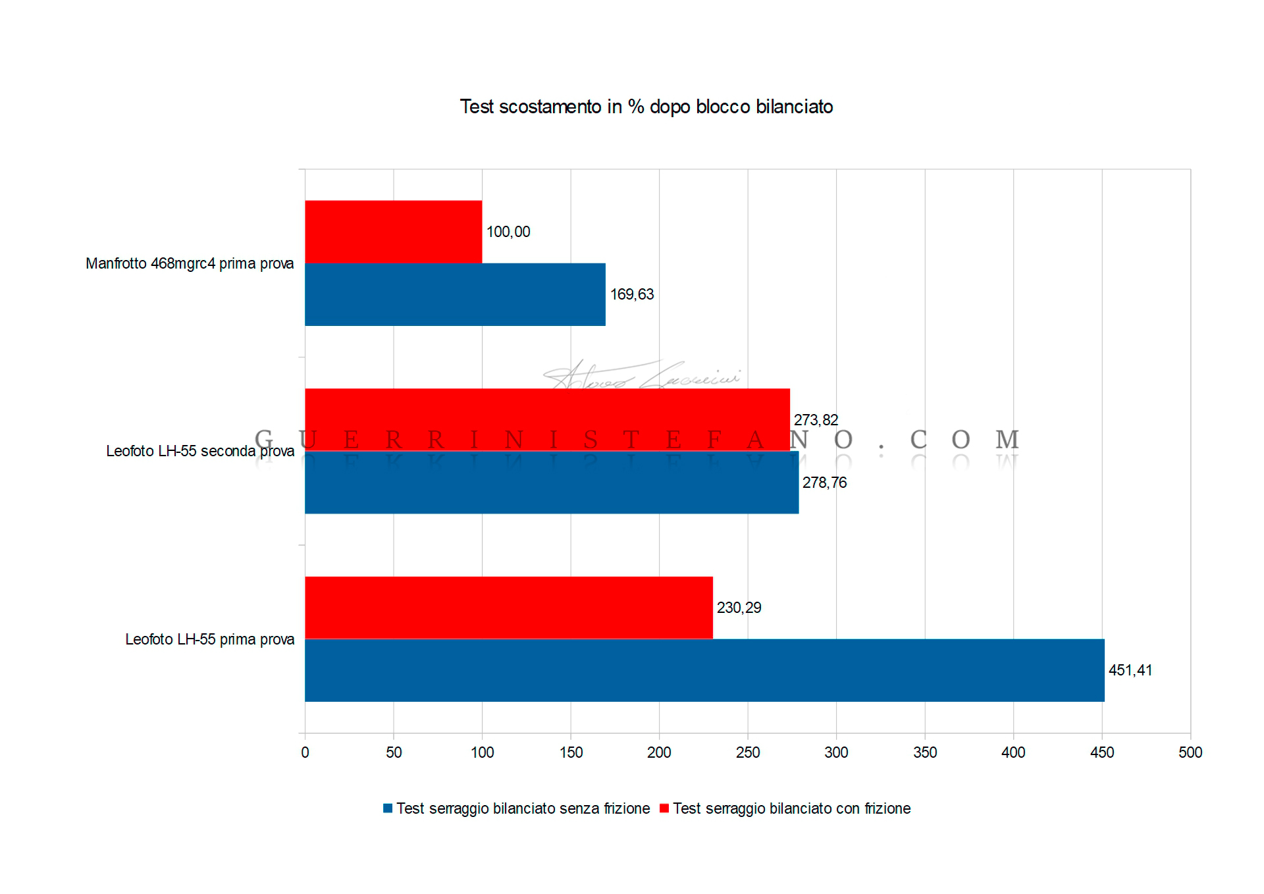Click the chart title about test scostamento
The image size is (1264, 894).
646,107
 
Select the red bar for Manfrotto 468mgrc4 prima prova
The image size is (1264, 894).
393,232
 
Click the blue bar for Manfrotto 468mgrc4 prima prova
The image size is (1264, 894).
455,294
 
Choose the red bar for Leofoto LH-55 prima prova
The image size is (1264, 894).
508,607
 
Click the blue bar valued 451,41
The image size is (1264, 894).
704,670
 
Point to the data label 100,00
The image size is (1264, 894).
508,232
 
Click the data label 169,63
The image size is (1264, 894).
632,294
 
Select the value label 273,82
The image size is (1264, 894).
816,420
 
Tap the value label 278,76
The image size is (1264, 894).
824,483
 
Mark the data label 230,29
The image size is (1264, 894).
739,608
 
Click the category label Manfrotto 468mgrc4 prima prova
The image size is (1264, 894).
190,263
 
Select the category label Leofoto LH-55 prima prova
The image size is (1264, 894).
209,639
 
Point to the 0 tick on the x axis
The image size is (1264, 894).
305,752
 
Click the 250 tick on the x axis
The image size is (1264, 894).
748,752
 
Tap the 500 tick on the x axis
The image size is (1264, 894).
1190,752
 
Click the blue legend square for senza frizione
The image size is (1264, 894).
388,808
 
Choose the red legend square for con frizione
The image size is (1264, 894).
664,808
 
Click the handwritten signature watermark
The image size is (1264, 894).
642,376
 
